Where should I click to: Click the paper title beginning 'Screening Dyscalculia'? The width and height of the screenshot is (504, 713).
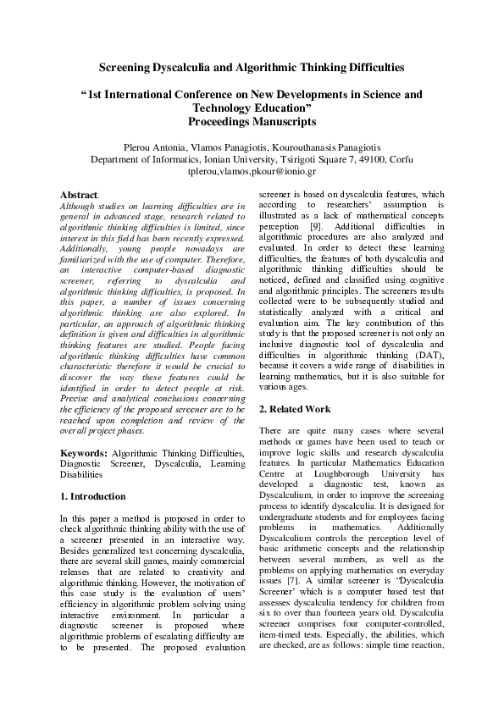(252, 65)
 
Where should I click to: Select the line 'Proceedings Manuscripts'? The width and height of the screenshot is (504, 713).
(252, 122)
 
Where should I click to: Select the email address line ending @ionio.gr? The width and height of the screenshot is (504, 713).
(252, 170)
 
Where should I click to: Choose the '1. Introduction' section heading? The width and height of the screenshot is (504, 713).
(93, 496)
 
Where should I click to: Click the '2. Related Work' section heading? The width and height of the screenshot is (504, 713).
(294, 409)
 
